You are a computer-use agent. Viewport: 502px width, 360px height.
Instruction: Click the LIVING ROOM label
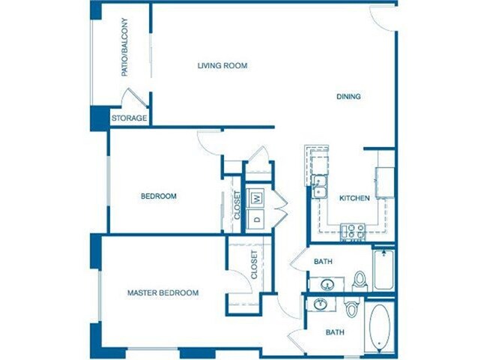click(x=223, y=65)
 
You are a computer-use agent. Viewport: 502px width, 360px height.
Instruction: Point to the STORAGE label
click(x=130, y=118)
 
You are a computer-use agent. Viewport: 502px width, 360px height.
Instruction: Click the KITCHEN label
click(x=354, y=198)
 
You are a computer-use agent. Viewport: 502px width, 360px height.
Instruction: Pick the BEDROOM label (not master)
click(x=159, y=196)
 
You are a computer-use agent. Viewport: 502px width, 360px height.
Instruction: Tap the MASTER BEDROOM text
click(x=163, y=292)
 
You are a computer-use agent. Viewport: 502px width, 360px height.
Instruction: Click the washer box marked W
click(x=256, y=198)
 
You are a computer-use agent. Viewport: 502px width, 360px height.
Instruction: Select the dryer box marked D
click(x=256, y=219)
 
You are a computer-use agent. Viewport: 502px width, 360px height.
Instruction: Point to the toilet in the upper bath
click(x=359, y=280)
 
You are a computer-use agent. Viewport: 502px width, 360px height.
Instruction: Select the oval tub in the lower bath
click(x=378, y=327)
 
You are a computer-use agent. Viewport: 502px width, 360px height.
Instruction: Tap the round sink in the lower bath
click(x=321, y=304)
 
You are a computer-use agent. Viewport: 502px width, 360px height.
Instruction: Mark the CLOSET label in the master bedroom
click(x=254, y=265)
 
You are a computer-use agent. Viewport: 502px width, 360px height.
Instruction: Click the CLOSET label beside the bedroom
click(x=237, y=205)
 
